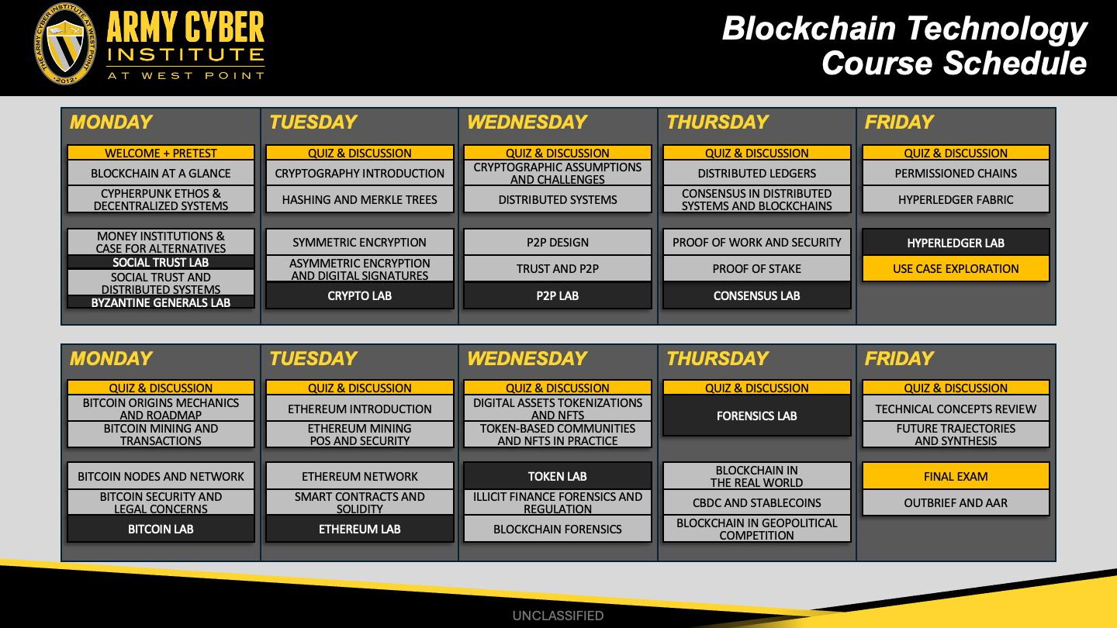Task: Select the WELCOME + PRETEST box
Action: tap(161, 153)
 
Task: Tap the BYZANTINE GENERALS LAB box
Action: tap(161, 302)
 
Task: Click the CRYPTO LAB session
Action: tap(359, 295)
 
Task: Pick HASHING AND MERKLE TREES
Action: tap(359, 199)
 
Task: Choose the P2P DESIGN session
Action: tap(558, 242)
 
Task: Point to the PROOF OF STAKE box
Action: tap(756, 268)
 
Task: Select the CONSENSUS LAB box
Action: tap(756, 295)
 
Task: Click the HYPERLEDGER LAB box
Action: tap(956, 243)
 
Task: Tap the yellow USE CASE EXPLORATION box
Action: tap(956, 268)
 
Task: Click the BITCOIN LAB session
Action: tap(161, 529)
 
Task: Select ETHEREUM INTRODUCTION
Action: tap(359, 409)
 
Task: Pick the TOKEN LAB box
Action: tap(558, 476)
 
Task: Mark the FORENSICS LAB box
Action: tap(756, 416)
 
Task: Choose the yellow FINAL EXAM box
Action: tap(956, 476)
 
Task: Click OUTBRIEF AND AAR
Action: tap(956, 502)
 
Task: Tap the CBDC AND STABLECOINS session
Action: tap(756, 502)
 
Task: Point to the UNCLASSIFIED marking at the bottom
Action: tap(558, 616)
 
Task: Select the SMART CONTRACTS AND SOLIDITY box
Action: tap(359, 502)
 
